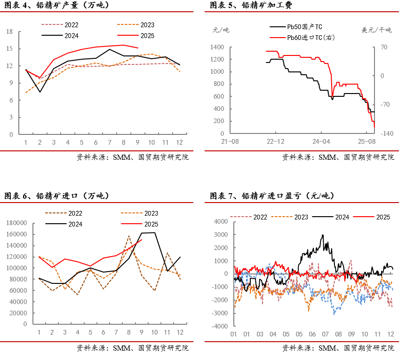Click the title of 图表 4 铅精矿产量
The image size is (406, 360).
pyautogui.click(x=56, y=6)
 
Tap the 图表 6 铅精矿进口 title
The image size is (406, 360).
pyautogui.click(x=56, y=196)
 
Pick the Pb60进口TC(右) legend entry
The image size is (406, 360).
pyautogui.click(x=310, y=37)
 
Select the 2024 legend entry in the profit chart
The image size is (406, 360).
pyautogui.click(x=342, y=217)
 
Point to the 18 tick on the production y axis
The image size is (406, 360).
pyautogui.click(x=9, y=32)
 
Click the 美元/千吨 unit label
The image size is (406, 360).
pyautogui.click(x=376, y=30)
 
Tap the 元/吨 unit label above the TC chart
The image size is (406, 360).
pyautogui.click(x=221, y=30)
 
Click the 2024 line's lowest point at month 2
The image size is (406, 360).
pyautogui.click(x=40, y=92)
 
